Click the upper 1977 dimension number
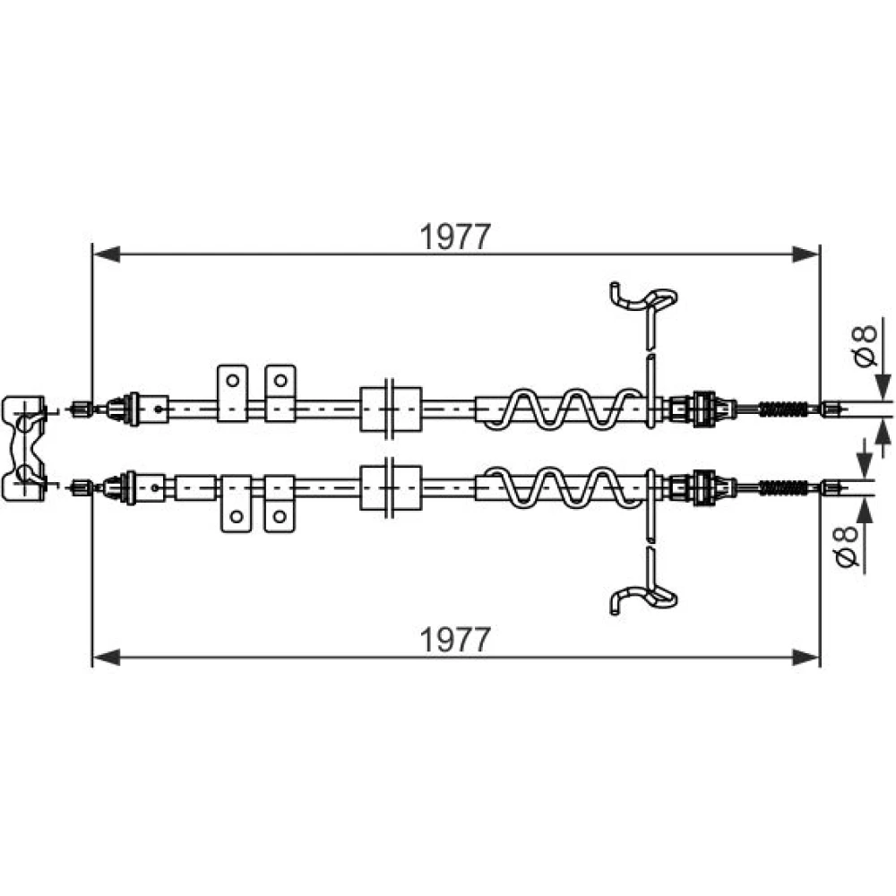click(455, 237)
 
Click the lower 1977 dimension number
click(455, 640)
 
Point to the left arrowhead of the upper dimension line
click(107, 254)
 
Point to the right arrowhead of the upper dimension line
click(806, 254)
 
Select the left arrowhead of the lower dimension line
click(107, 657)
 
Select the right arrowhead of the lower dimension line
click(806, 657)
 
